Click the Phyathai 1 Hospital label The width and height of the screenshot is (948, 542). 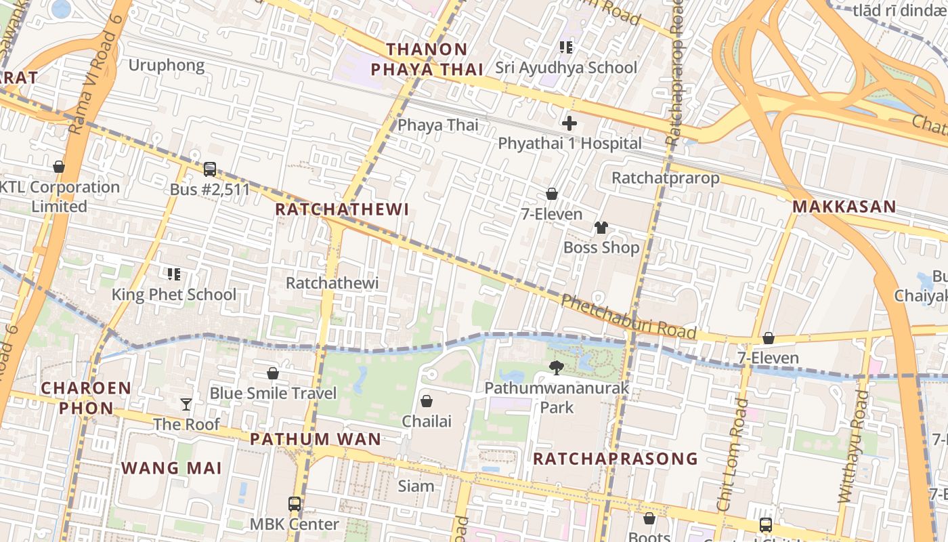pyautogui.click(x=569, y=144)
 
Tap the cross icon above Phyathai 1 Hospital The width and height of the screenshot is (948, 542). pyautogui.click(x=569, y=123)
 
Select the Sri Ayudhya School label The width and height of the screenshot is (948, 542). pyautogui.click(x=565, y=68)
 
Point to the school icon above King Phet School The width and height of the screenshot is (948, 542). pyautogui.click(x=174, y=274)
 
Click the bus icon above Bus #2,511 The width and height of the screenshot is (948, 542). pyautogui.click(x=210, y=169)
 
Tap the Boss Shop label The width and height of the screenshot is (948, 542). pyautogui.click(x=601, y=248)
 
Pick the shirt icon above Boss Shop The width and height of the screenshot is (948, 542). pyautogui.click(x=601, y=228)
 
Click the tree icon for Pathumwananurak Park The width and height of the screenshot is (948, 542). pyautogui.click(x=557, y=368)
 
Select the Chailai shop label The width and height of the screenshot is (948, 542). pyautogui.click(x=427, y=421)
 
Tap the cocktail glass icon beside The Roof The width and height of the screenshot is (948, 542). pyautogui.click(x=186, y=404)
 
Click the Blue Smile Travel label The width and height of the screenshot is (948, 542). pyautogui.click(x=273, y=394)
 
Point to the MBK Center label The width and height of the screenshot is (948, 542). pyautogui.click(x=295, y=524)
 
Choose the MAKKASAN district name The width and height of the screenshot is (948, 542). pyautogui.click(x=844, y=207)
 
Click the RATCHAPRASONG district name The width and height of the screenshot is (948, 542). pyautogui.click(x=615, y=459)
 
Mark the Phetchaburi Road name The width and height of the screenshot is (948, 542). pyautogui.click(x=628, y=317)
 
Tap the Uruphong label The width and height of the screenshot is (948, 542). pyautogui.click(x=167, y=65)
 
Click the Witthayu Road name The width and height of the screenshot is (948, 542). pyautogui.click(x=853, y=447)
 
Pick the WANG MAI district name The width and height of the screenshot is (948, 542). pyautogui.click(x=171, y=468)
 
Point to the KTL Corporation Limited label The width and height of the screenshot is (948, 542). pyautogui.click(x=60, y=196)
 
